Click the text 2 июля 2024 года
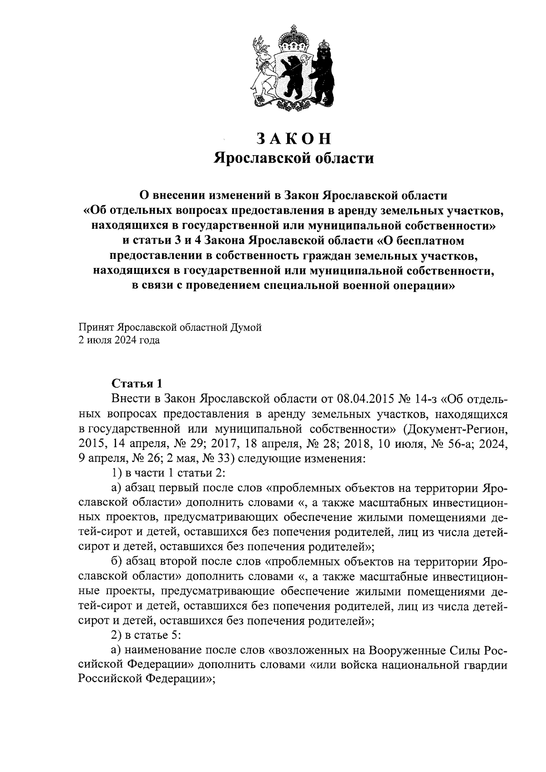(x=119, y=340)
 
